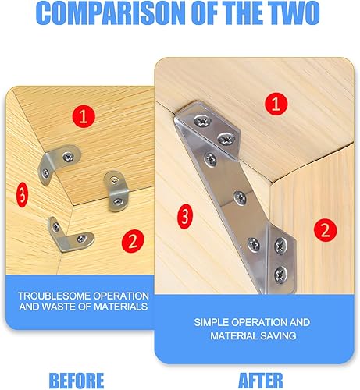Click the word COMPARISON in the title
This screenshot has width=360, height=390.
[x=110, y=13]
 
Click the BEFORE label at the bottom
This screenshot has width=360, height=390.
[x=77, y=381]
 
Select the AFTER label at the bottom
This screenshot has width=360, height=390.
[x=261, y=381]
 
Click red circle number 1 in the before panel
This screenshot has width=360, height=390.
[x=84, y=116]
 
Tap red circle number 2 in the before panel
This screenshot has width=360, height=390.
[x=133, y=241]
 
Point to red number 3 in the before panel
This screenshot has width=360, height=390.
[x=22, y=195]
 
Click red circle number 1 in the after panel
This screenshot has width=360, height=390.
[x=276, y=104]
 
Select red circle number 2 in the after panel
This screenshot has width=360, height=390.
[x=325, y=230]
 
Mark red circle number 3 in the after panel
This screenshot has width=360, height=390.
[x=185, y=216]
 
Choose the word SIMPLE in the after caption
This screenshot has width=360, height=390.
[x=211, y=322]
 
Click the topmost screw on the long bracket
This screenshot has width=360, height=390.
[x=202, y=121]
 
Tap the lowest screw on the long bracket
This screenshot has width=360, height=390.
[x=280, y=274]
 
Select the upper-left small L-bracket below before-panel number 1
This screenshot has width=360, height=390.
[x=57, y=162]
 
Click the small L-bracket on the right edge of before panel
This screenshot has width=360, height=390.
[x=116, y=191]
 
